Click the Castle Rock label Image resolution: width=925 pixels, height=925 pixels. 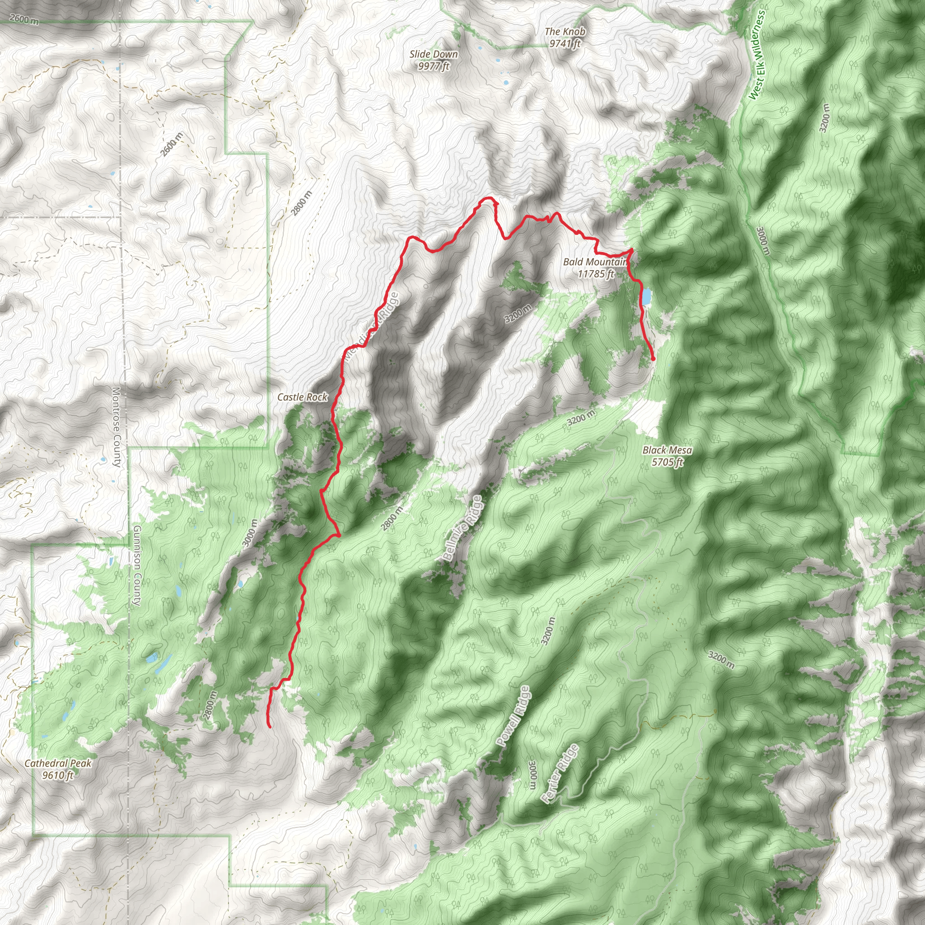303,397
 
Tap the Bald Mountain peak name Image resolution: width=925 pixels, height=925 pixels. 595,262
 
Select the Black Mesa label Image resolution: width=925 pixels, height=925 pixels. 667,450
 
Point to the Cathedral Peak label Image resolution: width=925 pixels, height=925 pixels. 57,763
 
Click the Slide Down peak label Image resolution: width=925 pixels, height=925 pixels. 434,55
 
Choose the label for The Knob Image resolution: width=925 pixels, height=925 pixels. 565,32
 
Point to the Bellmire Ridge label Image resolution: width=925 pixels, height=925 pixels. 462,528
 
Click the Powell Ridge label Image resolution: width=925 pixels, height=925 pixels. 513,717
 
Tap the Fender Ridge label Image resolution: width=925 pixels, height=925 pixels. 559,774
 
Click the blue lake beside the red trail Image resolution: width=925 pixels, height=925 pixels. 647,296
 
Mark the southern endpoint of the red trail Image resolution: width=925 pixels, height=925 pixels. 271,727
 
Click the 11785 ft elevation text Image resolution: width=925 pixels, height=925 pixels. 596,274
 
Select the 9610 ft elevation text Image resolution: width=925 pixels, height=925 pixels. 57,775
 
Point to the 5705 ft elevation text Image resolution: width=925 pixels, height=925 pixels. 667,462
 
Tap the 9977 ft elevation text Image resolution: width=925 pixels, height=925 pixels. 434,66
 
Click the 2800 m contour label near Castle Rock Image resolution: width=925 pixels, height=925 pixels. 302,203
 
